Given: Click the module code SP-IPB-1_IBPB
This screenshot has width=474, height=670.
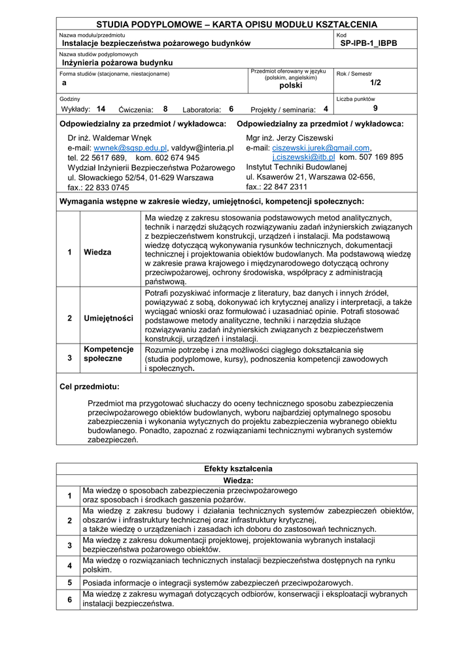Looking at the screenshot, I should (x=368, y=43).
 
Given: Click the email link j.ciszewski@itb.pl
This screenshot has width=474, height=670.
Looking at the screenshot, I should (x=303, y=158).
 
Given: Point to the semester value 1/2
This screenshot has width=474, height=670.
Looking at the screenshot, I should (x=375, y=83).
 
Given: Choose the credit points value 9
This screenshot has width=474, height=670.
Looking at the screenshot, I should (x=375, y=109).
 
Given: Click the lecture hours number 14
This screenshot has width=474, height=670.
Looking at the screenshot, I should (x=101, y=109).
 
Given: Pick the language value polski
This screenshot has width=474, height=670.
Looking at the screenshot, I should (x=291, y=86).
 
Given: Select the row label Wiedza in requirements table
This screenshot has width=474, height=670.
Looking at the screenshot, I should (x=97, y=253).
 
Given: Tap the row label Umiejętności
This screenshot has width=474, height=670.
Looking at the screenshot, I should (x=109, y=319).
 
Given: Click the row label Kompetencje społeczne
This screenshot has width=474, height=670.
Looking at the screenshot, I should (x=109, y=354).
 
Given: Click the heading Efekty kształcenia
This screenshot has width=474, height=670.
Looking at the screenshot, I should (x=238, y=469).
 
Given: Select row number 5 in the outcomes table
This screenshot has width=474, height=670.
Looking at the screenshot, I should (x=69, y=582).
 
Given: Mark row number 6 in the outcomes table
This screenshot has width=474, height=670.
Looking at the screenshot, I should (x=69, y=599).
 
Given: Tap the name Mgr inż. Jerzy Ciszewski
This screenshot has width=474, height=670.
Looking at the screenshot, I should (x=290, y=138).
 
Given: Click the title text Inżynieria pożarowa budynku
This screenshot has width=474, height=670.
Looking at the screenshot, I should (x=118, y=63).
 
